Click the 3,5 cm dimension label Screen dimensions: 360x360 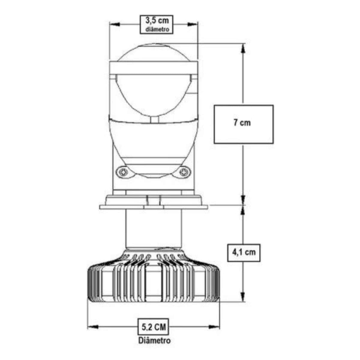click(157, 20)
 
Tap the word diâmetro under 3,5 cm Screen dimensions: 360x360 click(157, 29)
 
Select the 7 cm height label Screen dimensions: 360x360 click(242, 122)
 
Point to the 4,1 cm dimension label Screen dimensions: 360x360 click(244, 253)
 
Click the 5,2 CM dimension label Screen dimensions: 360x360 click(154, 327)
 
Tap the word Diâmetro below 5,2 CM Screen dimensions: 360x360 click(154, 340)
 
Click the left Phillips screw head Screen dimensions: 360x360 click(123, 172)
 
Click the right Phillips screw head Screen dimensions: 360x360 click(184, 172)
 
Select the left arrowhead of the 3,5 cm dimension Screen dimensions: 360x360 click(115, 25)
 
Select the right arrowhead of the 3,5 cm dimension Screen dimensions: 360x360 click(193, 25)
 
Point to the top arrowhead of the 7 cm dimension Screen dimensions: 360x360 click(243, 49)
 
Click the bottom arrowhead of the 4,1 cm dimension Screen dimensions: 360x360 click(243, 296)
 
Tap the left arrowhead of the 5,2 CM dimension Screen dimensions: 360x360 click(93, 327)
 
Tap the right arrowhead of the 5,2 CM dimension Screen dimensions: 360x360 click(214, 327)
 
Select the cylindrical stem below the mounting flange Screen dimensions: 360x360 click(154, 229)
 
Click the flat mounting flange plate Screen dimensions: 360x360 click(154, 207)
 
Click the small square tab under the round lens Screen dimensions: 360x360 click(155, 119)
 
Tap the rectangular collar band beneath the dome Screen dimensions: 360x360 click(154, 68)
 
